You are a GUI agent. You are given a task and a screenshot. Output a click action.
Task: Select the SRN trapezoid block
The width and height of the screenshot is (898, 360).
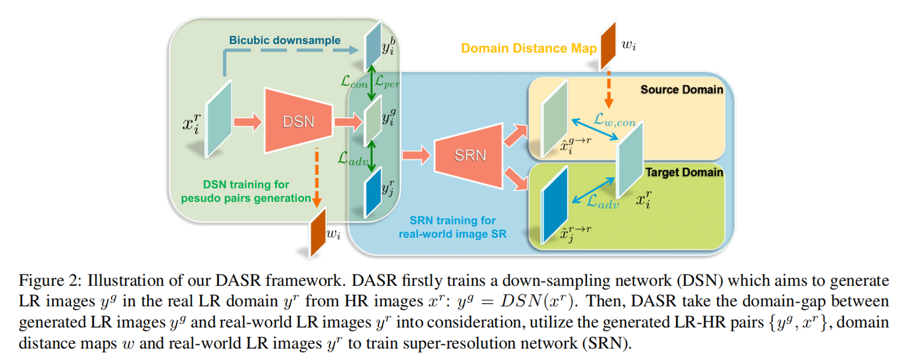(469, 154)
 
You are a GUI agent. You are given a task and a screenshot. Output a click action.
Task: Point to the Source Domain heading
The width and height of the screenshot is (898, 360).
(681, 90)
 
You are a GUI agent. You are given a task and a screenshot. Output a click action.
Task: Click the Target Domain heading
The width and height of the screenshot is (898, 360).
(684, 172)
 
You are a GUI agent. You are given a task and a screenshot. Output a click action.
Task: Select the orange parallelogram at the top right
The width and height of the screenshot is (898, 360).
(607, 46)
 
